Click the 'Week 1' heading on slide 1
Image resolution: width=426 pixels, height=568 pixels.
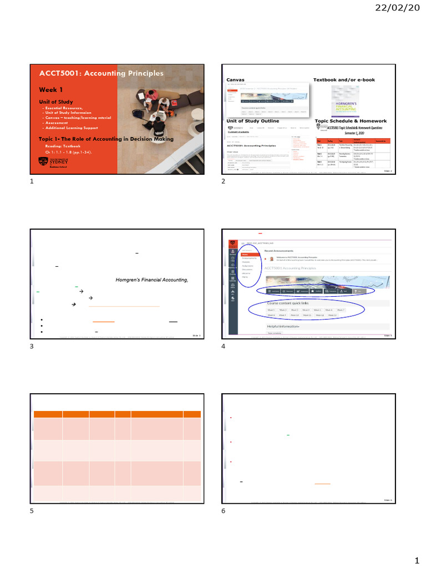pyautogui.click(x=50, y=89)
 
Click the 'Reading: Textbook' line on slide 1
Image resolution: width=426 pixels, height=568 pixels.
pyautogui.click(x=64, y=145)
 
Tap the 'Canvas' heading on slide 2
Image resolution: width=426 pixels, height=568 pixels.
pyautogui.click(x=235, y=80)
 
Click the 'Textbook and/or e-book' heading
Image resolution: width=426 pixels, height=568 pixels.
pyautogui.click(x=344, y=80)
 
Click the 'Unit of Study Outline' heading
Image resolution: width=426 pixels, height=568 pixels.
pyautogui.click(x=253, y=121)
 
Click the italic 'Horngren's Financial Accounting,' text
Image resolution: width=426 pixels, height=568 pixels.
pyautogui.click(x=151, y=281)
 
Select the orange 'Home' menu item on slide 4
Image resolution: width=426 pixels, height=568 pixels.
pyautogui.click(x=245, y=255)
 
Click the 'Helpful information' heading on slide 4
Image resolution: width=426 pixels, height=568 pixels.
pyautogui.click(x=283, y=327)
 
